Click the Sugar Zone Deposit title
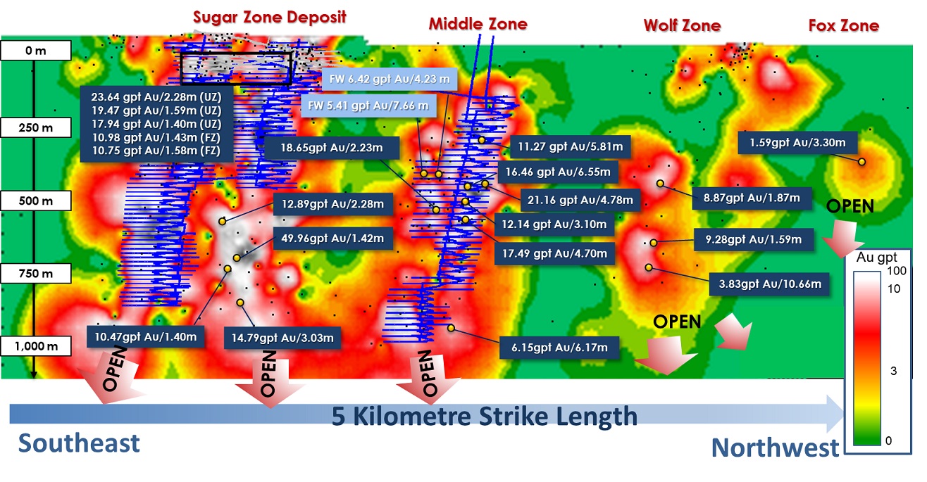(269, 18)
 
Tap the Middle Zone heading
(478, 24)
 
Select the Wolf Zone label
(683, 25)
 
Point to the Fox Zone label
(844, 25)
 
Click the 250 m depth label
(36, 128)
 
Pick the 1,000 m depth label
(36, 346)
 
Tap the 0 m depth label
(36, 51)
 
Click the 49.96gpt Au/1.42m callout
(332, 238)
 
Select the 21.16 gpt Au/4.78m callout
(580, 200)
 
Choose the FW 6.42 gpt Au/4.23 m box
(390, 79)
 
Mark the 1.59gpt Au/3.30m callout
(797, 143)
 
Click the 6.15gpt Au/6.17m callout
(559, 347)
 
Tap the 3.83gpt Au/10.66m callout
(770, 284)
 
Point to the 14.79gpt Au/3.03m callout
(282, 338)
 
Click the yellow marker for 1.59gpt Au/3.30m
(861, 162)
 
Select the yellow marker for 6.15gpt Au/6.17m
(451, 328)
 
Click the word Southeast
(79, 443)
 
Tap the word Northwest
(775, 448)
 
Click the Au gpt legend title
(876, 258)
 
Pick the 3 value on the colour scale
(893, 371)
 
